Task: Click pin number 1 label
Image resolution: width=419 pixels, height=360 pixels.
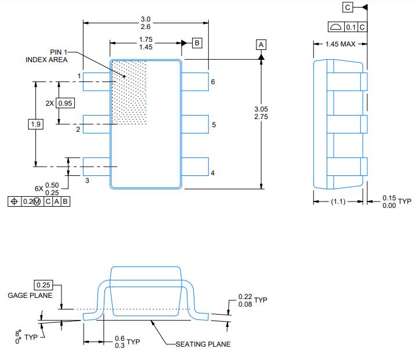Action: [79, 76]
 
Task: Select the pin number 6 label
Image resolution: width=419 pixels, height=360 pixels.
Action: [213, 82]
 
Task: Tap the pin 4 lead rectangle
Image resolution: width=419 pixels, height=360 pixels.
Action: [195, 167]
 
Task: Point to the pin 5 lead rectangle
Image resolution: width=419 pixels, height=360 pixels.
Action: [195, 124]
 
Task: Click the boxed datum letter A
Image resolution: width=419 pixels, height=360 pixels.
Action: [261, 45]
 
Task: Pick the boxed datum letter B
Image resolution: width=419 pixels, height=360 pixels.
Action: [197, 43]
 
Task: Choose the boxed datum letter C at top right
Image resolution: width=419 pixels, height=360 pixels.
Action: [348, 8]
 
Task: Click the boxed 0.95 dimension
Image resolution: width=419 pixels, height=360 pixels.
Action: [66, 103]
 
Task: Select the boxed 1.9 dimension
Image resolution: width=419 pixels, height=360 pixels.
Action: [36, 124]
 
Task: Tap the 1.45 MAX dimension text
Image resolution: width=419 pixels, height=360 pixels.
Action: [339, 44]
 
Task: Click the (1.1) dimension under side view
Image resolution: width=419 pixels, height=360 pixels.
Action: [339, 201]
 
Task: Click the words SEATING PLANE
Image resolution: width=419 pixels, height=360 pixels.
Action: [203, 344]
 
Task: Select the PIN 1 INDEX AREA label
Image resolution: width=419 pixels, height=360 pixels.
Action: [47, 56]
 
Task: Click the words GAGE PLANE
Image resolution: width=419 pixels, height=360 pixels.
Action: [30, 296]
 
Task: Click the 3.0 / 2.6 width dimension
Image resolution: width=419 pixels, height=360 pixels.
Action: [145, 23]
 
